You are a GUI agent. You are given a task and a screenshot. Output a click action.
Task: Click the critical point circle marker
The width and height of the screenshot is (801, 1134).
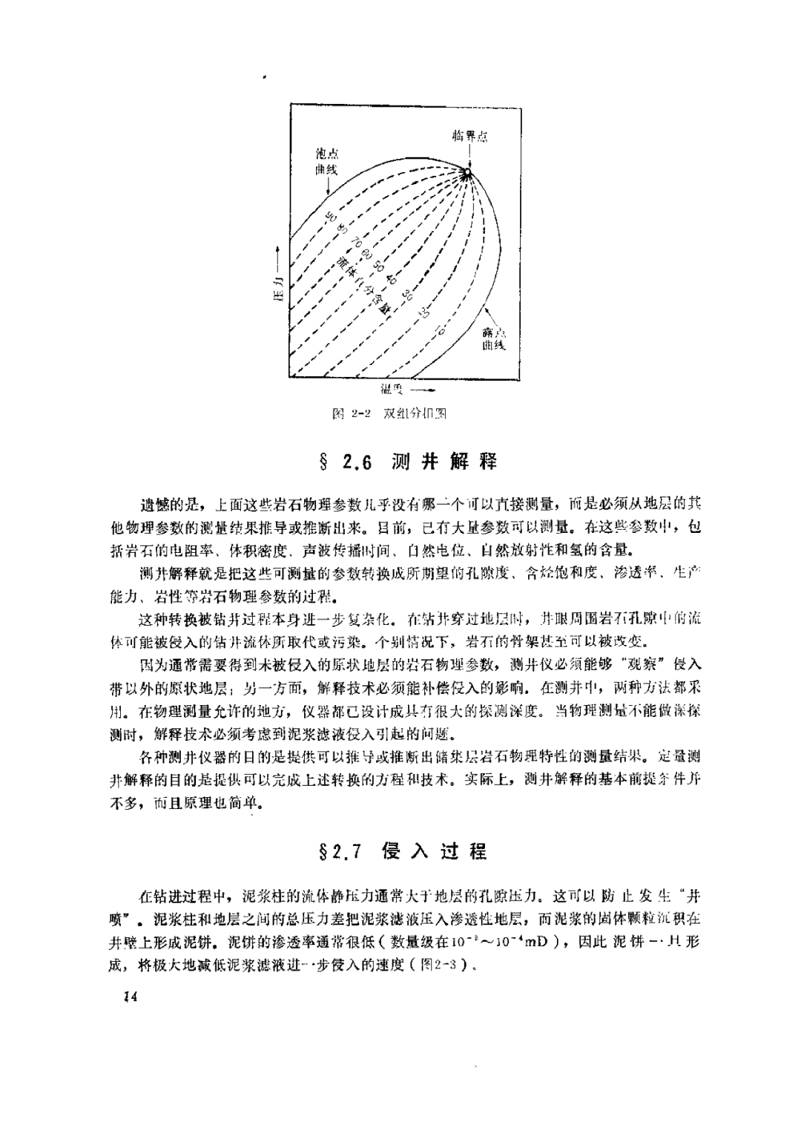pyautogui.click(x=467, y=173)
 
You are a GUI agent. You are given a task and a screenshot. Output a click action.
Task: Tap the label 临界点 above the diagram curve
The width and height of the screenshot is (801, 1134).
pyautogui.click(x=469, y=137)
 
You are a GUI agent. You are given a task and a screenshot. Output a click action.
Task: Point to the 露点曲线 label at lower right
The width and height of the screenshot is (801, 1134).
pyautogui.click(x=493, y=339)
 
